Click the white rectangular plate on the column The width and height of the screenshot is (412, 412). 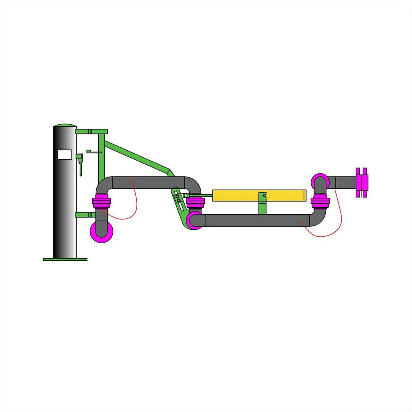pos(65,154)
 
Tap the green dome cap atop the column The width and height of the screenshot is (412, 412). pos(65,126)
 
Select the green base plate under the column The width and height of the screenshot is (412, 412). pos(65,259)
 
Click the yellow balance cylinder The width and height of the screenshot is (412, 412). pos(259,195)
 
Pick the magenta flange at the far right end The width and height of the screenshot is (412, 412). pos(361,182)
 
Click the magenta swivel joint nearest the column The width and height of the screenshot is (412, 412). pos(101,203)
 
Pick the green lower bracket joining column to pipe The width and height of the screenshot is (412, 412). pos(86,215)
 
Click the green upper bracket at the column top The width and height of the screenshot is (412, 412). pos(91,131)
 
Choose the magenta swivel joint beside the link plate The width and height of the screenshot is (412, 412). pos(194,203)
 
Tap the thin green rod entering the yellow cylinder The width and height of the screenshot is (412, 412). pos(200,196)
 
